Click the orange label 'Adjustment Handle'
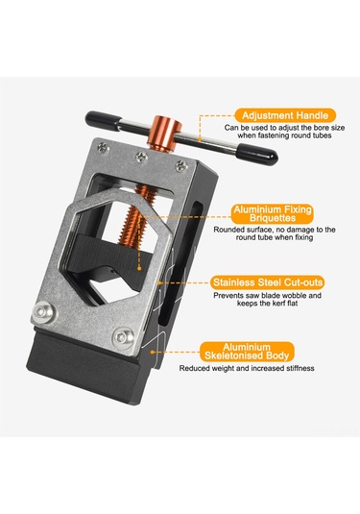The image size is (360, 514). pos(285,115)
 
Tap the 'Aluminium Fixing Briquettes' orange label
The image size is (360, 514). pos(273,213)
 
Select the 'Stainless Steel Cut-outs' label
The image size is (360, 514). pos(268,282)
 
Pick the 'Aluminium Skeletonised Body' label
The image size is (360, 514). pos(247,352)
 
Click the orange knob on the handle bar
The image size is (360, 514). pos(164,134)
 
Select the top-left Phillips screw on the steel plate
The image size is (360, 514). pos(104,149)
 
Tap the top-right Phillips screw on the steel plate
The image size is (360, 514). pos(181,166)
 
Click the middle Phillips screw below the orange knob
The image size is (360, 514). pos(141,157)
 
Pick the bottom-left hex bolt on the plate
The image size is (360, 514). pos(43,311)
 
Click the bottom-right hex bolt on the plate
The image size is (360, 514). pos(123,336)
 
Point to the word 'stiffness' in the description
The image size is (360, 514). pos(300,368)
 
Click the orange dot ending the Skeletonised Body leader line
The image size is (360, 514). pos(153,352)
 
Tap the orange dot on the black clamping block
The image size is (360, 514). pos(139,268)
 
